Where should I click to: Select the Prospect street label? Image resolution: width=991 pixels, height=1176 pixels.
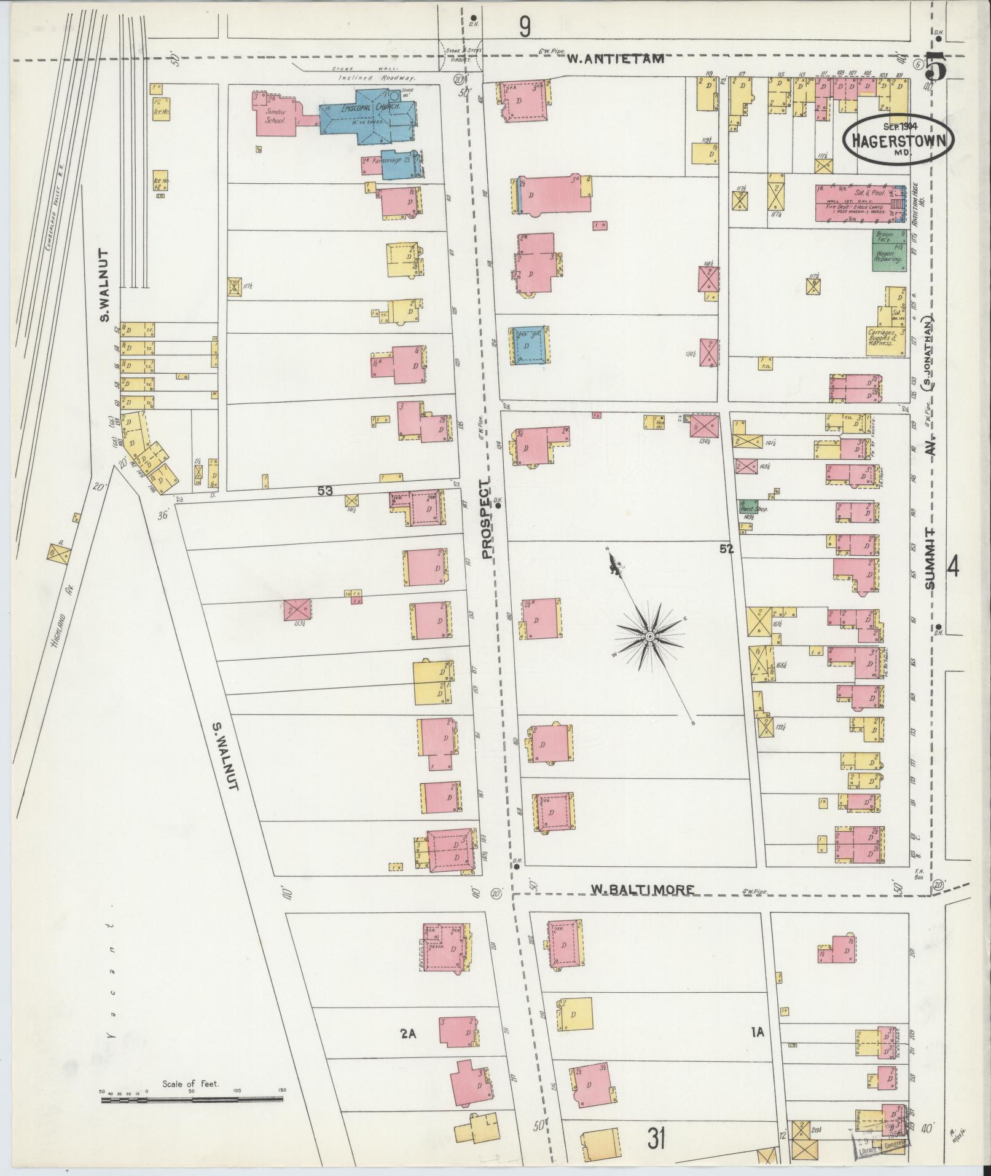tap(488, 519)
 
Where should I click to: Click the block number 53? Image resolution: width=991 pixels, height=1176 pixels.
tap(325, 491)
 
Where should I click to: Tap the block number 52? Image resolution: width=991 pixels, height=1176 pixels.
tap(727, 549)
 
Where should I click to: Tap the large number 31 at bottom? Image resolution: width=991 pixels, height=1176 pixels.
tap(656, 1140)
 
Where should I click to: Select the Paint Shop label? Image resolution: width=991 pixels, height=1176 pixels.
tap(754, 510)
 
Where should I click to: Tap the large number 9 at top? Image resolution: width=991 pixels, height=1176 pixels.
tap(524, 26)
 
